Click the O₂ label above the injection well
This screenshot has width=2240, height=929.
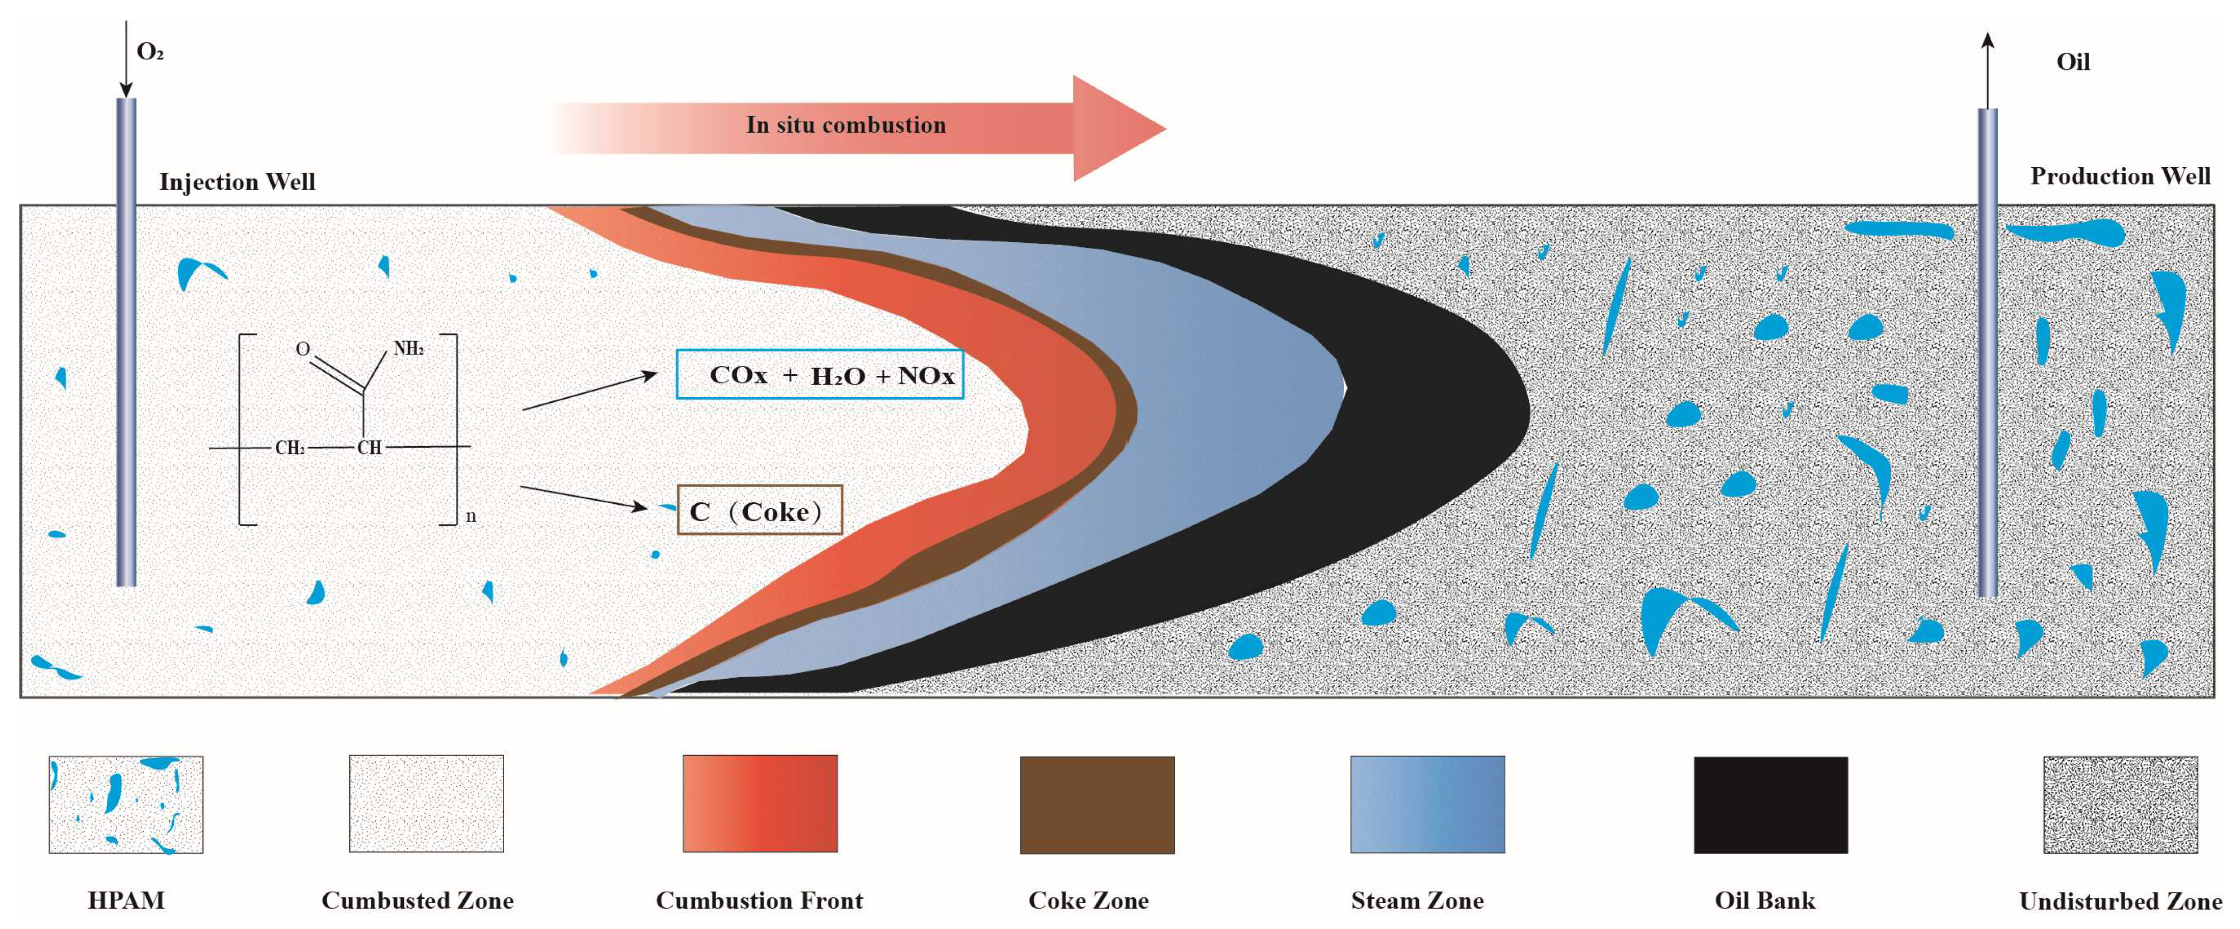(149, 52)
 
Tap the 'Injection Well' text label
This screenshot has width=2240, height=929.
(237, 182)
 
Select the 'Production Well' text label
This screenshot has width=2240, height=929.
(2119, 176)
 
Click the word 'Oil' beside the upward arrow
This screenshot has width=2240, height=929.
(2072, 62)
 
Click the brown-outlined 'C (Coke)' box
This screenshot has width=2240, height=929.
(759, 510)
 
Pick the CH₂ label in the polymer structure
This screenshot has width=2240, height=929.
(290, 448)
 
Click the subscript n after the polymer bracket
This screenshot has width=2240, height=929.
(471, 516)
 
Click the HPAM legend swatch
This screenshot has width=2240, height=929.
(126, 805)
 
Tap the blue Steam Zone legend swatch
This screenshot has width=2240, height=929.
(1427, 805)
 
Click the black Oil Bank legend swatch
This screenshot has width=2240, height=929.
(1770, 805)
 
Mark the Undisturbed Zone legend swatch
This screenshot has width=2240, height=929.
(2120, 805)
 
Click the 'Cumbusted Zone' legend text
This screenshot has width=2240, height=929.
(418, 900)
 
